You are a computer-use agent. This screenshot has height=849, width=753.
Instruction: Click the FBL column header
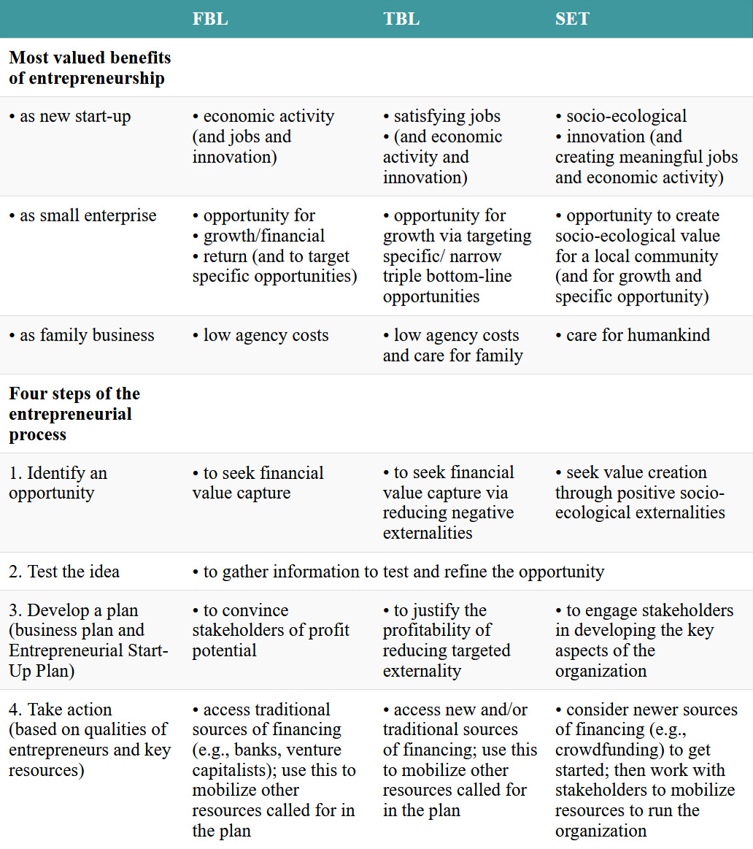(x=210, y=19)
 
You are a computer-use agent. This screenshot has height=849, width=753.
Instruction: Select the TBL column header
(x=401, y=19)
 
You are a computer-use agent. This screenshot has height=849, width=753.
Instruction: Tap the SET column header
(x=572, y=19)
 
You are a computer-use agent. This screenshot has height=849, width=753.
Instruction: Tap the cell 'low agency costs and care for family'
(x=452, y=345)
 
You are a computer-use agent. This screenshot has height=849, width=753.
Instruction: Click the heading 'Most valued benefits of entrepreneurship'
(x=90, y=68)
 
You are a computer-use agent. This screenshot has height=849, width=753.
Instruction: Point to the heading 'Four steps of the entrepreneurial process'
(x=74, y=414)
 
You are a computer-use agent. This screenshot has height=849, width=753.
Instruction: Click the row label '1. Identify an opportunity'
(x=58, y=483)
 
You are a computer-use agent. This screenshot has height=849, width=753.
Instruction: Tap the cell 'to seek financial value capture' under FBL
(x=258, y=483)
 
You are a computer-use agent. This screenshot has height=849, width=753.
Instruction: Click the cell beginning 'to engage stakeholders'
(x=644, y=640)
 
